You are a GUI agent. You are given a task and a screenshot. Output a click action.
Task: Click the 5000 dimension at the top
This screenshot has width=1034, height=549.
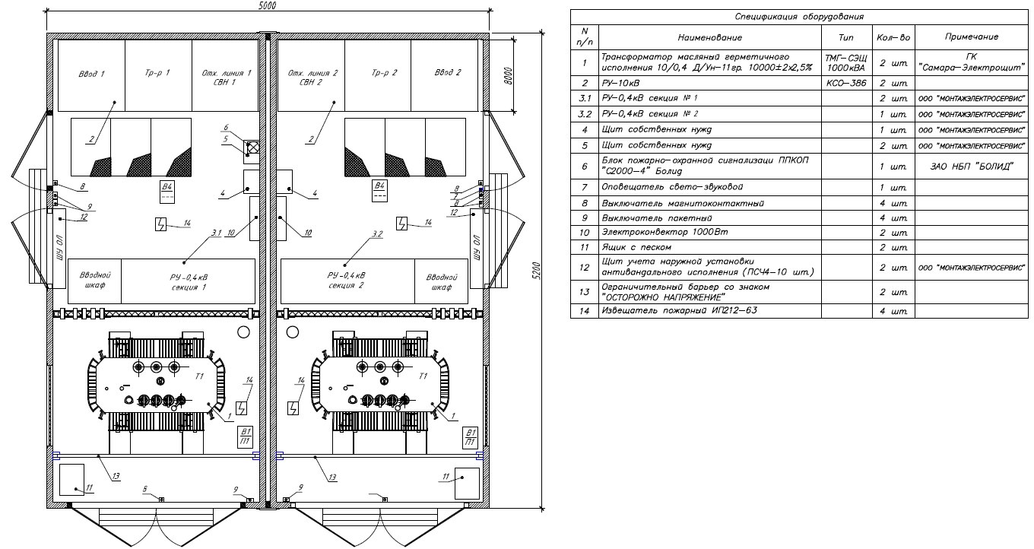pyautogui.click(x=265, y=5)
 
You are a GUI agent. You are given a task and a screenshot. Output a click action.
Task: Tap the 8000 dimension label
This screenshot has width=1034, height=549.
pyautogui.click(x=511, y=75)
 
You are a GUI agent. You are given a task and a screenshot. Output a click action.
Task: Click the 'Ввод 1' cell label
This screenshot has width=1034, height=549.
pyautogui.click(x=91, y=74)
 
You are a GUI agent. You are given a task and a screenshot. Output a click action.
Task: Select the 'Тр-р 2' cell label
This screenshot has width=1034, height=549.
pyautogui.click(x=378, y=73)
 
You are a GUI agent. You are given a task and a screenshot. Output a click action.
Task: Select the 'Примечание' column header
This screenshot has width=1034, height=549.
pyautogui.click(x=971, y=36)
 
